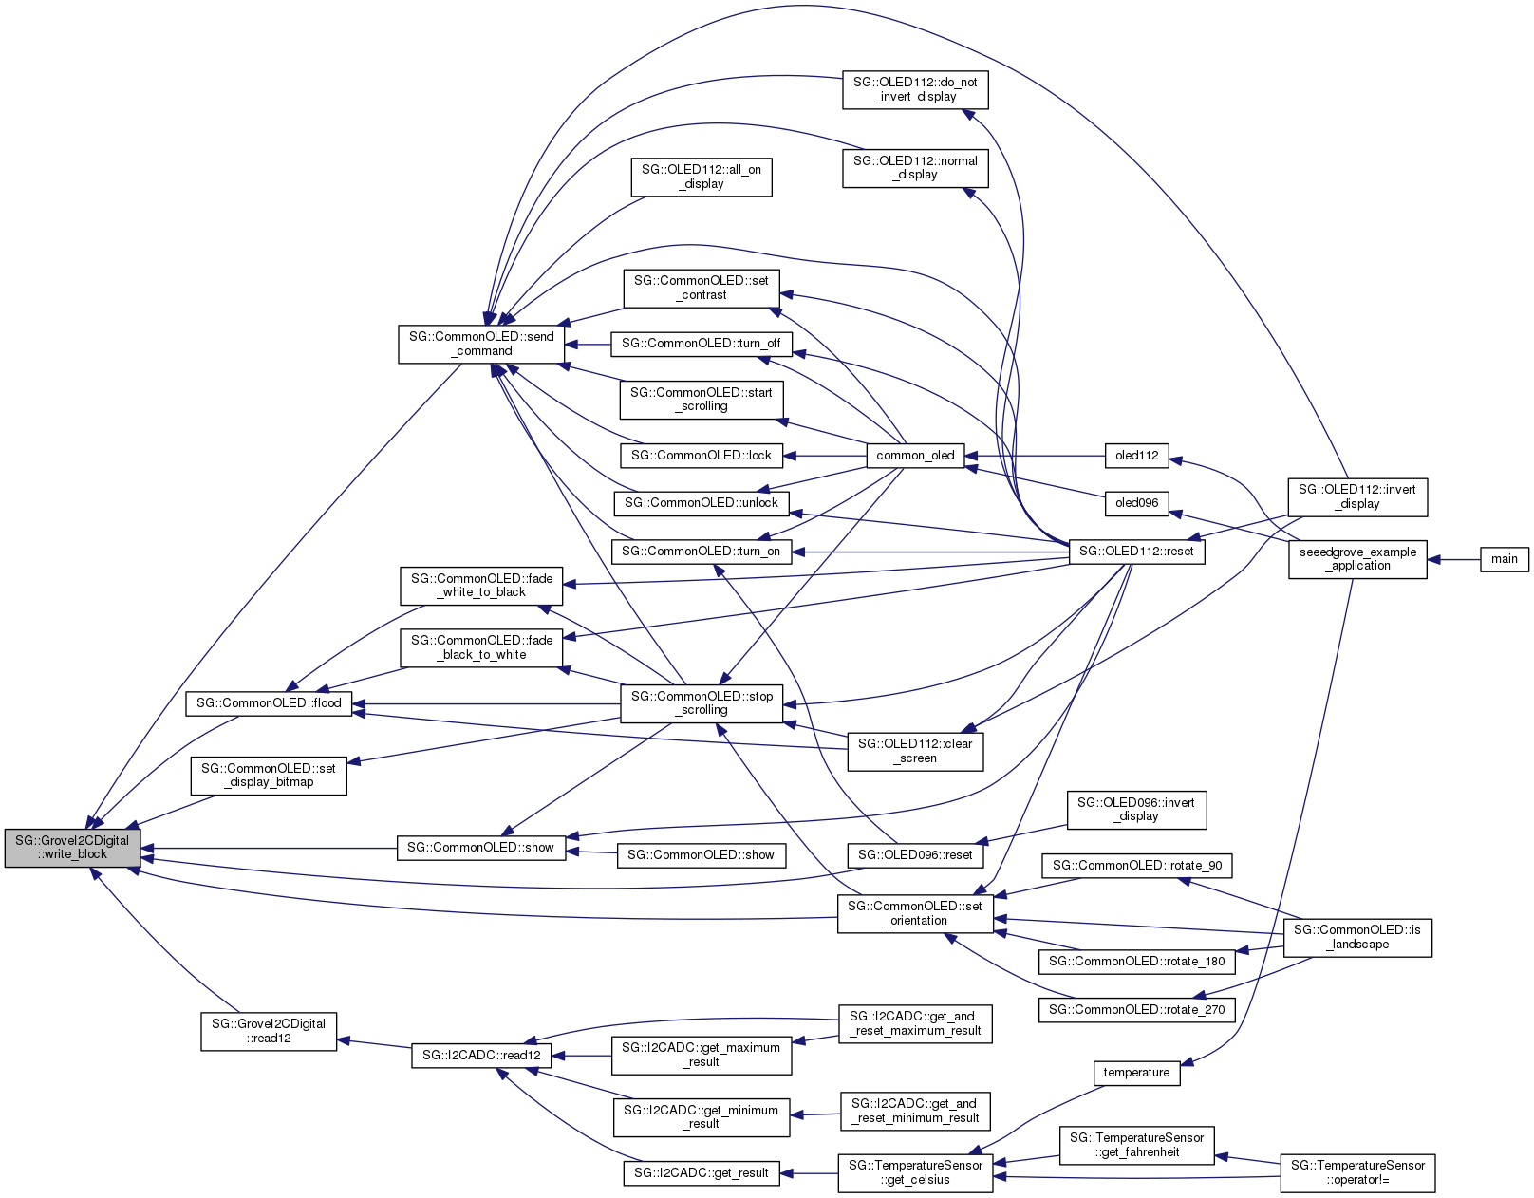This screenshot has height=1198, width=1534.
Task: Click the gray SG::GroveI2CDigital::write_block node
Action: (72, 847)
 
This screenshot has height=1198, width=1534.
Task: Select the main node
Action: (1504, 559)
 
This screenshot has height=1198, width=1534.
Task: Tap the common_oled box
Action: (915, 456)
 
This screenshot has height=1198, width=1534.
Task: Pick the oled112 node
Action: (1136, 456)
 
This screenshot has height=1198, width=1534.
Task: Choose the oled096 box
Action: (1136, 503)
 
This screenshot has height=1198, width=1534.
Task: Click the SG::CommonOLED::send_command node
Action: (481, 344)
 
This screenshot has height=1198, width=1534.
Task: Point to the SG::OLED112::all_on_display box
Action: (701, 177)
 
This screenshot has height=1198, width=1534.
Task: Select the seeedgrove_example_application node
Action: (1357, 559)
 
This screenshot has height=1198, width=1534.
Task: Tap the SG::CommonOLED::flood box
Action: (269, 703)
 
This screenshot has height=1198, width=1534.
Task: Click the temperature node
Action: (1136, 1073)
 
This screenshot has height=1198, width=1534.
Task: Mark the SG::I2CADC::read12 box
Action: (481, 1056)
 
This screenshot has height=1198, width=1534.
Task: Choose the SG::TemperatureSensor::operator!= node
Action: (1357, 1172)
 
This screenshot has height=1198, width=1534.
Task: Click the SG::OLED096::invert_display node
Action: (1136, 809)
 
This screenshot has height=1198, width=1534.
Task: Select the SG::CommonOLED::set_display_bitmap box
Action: (269, 776)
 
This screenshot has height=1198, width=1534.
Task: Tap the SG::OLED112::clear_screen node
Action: (915, 751)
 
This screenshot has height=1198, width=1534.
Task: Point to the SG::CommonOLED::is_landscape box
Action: (1356, 937)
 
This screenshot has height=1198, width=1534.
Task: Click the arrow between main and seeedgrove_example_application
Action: (1453, 559)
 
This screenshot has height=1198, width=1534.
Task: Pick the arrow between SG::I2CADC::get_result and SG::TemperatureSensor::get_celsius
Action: (808, 1173)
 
